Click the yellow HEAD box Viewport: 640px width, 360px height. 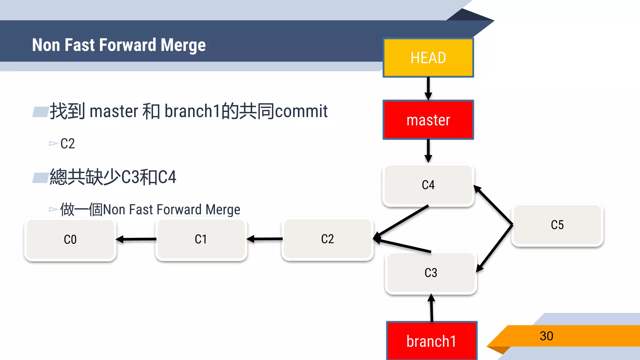(428, 58)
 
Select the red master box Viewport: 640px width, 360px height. (428, 120)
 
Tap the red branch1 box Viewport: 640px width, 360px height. (432, 341)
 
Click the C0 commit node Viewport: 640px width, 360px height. (70, 240)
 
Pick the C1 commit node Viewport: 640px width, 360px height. (201, 239)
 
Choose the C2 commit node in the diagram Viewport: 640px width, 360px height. (327, 239)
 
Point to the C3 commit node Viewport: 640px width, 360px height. (431, 273)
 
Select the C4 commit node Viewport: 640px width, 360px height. (428, 185)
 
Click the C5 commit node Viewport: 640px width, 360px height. (557, 225)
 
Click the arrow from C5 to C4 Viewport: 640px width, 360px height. (493, 205)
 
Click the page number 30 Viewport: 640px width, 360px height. (546, 336)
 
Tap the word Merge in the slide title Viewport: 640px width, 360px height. (183, 45)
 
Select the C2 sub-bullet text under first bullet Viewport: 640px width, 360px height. (67, 144)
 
